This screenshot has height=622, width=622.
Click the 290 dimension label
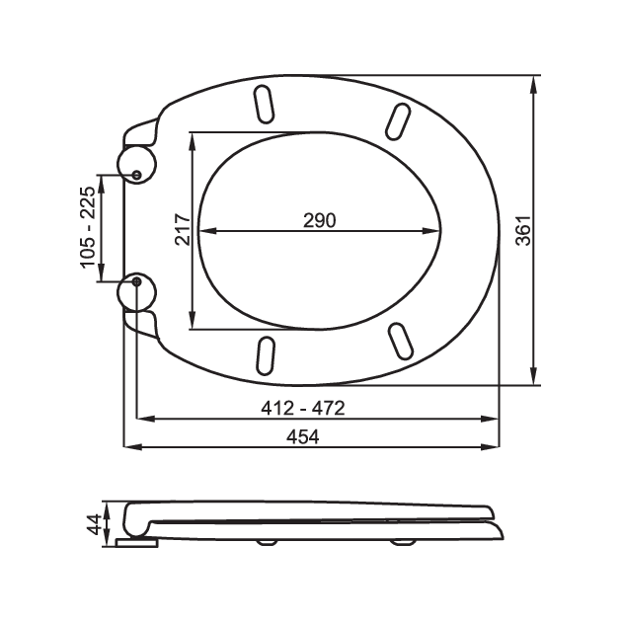(319, 220)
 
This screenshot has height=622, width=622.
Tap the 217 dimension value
(183, 229)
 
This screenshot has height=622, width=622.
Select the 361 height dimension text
(523, 230)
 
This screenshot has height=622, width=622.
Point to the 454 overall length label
(303, 437)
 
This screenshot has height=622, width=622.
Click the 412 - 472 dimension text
(303, 408)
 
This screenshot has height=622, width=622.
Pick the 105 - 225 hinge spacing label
(88, 227)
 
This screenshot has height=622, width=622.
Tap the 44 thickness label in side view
(94, 524)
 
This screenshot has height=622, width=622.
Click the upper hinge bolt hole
(137, 175)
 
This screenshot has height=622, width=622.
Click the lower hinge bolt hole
(137, 281)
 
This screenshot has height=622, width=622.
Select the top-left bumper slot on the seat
(264, 105)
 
